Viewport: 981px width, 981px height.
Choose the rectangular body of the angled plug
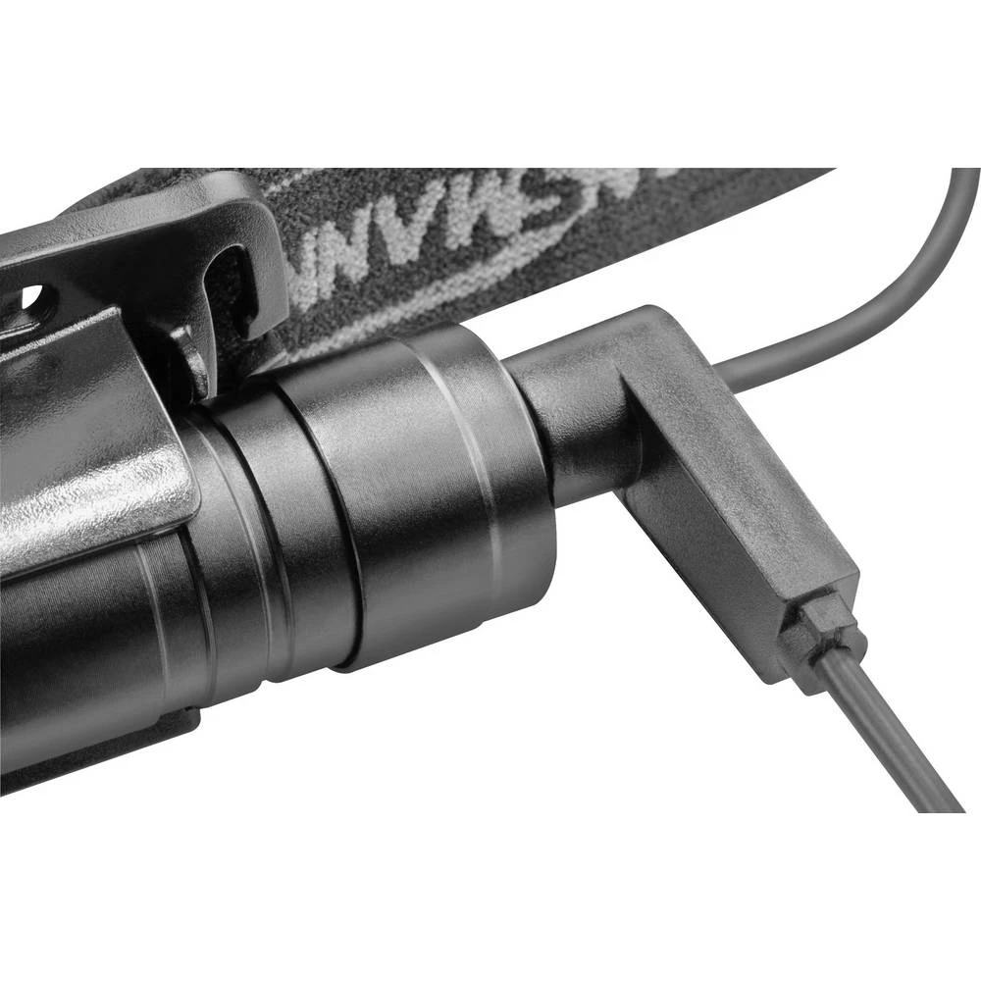726,510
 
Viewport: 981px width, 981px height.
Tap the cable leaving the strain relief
883,736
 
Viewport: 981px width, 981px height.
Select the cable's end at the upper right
966,181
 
